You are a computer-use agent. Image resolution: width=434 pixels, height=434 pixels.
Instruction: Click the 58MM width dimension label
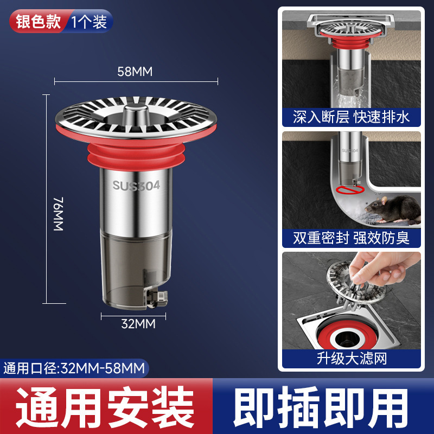coord(136,71)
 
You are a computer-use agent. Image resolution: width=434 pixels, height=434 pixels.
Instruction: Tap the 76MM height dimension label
coord(59,215)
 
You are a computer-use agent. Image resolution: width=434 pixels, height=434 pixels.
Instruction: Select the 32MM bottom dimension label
coord(138,324)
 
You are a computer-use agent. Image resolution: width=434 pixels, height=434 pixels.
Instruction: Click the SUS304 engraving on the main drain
coord(136,186)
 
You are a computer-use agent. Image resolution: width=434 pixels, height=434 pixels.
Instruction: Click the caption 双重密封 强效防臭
coord(351,237)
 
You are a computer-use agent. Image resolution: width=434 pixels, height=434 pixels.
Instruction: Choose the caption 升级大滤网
coord(351,358)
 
